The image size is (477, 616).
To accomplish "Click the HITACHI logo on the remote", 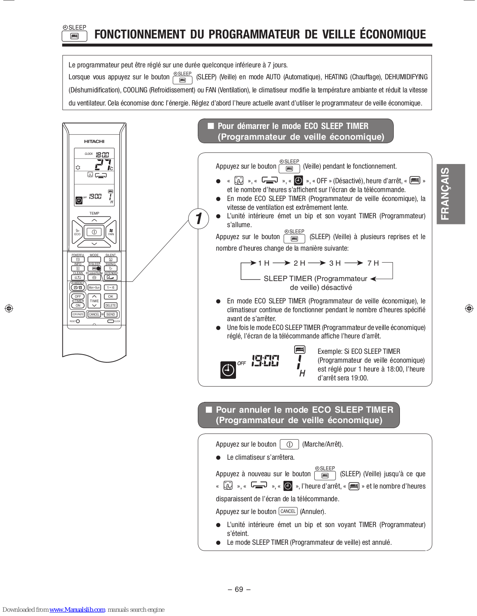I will click(x=94, y=141).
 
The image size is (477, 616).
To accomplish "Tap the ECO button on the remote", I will click(x=78, y=232).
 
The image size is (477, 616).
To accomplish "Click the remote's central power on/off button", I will click(x=94, y=232).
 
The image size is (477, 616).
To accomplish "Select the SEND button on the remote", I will click(x=111, y=315).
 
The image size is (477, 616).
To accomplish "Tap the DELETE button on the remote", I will click(x=111, y=305).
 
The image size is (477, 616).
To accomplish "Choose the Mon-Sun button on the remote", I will click(x=94, y=288).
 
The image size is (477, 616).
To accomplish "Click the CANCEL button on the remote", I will click(x=94, y=315).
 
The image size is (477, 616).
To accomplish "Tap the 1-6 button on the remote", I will click(x=111, y=288).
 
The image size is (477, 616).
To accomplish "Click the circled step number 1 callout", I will click(x=199, y=219).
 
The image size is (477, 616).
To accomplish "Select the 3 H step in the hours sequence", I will click(x=335, y=263).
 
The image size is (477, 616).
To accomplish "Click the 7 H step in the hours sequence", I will click(x=373, y=263).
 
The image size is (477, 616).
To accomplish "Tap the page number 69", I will click(x=239, y=589).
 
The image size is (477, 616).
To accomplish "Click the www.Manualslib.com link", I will click(x=77, y=609).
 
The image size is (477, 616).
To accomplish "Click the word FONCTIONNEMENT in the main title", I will click(x=140, y=35).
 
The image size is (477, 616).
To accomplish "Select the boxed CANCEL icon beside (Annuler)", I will click(x=288, y=511).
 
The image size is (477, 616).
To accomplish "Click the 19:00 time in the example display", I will click(x=265, y=361).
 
